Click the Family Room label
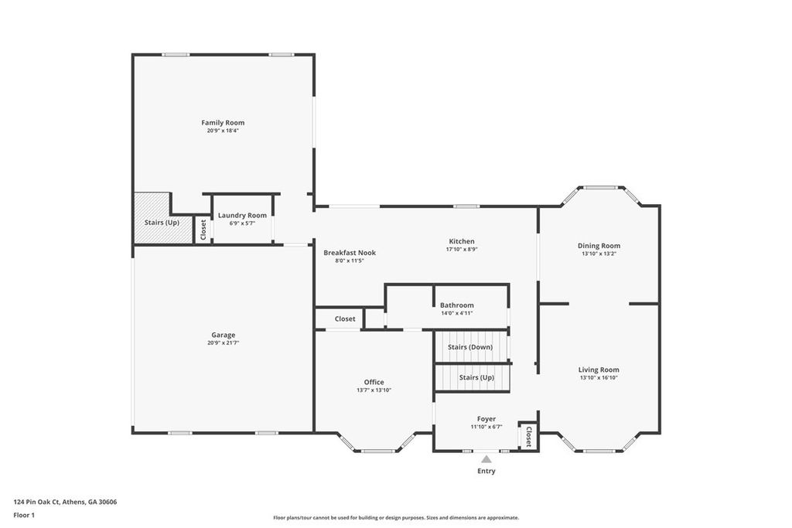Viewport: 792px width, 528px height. pyautogui.click(x=223, y=123)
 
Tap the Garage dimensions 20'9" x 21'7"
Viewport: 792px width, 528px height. pyautogui.click(x=223, y=342)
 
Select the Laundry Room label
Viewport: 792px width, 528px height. pyautogui.click(x=242, y=216)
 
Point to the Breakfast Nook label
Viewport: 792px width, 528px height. pyautogui.click(x=350, y=253)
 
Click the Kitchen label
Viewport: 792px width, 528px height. pyautogui.click(x=462, y=241)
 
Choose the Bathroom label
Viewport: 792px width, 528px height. pyautogui.click(x=456, y=305)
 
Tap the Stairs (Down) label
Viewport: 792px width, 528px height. pyautogui.click(x=470, y=347)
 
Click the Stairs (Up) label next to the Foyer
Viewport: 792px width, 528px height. pyautogui.click(x=476, y=377)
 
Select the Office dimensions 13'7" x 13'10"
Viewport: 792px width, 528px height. pyautogui.click(x=374, y=390)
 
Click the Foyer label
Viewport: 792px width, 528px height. pyautogui.click(x=486, y=419)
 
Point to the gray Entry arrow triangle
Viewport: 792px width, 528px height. pyautogui.click(x=486, y=459)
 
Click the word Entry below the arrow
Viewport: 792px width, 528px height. pyautogui.click(x=486, y=471)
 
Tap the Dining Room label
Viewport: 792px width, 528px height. pyautogui.click(x=599, y=246)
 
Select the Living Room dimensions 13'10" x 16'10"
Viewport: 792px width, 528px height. pyautogui.click(x=599, y=378)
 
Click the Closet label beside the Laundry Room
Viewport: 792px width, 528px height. pyautogui.click(x=203, y=229)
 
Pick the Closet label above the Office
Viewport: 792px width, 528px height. pyautogui.click(x=345, y=319)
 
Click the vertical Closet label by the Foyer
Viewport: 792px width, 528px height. pyautogui.click(x=528, y=436)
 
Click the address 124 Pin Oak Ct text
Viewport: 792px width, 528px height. pyautogui.click(x=65, y=502)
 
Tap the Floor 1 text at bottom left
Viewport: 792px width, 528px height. pyautogui.click(x=24, y=515)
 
